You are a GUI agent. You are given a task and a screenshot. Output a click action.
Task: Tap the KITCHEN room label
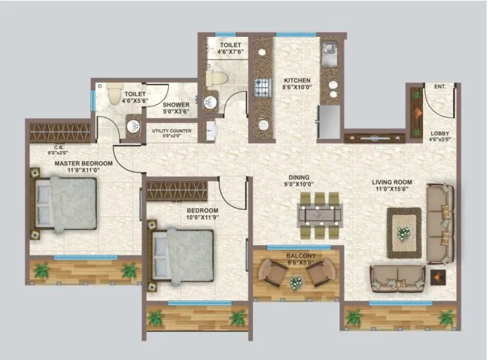[x=297, y=81]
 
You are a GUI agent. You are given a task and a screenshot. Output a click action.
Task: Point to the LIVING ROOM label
[x=392, y=182]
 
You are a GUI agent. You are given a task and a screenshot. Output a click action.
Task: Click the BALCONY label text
[x=299, y=255]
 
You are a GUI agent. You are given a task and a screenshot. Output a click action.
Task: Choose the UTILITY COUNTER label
[x=172, y=130]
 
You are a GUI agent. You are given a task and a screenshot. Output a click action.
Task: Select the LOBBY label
[x=439, y=133]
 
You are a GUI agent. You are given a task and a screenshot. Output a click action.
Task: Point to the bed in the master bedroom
[x=64, y=205]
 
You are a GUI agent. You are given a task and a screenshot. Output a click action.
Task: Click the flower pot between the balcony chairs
[x=296, y=281]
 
